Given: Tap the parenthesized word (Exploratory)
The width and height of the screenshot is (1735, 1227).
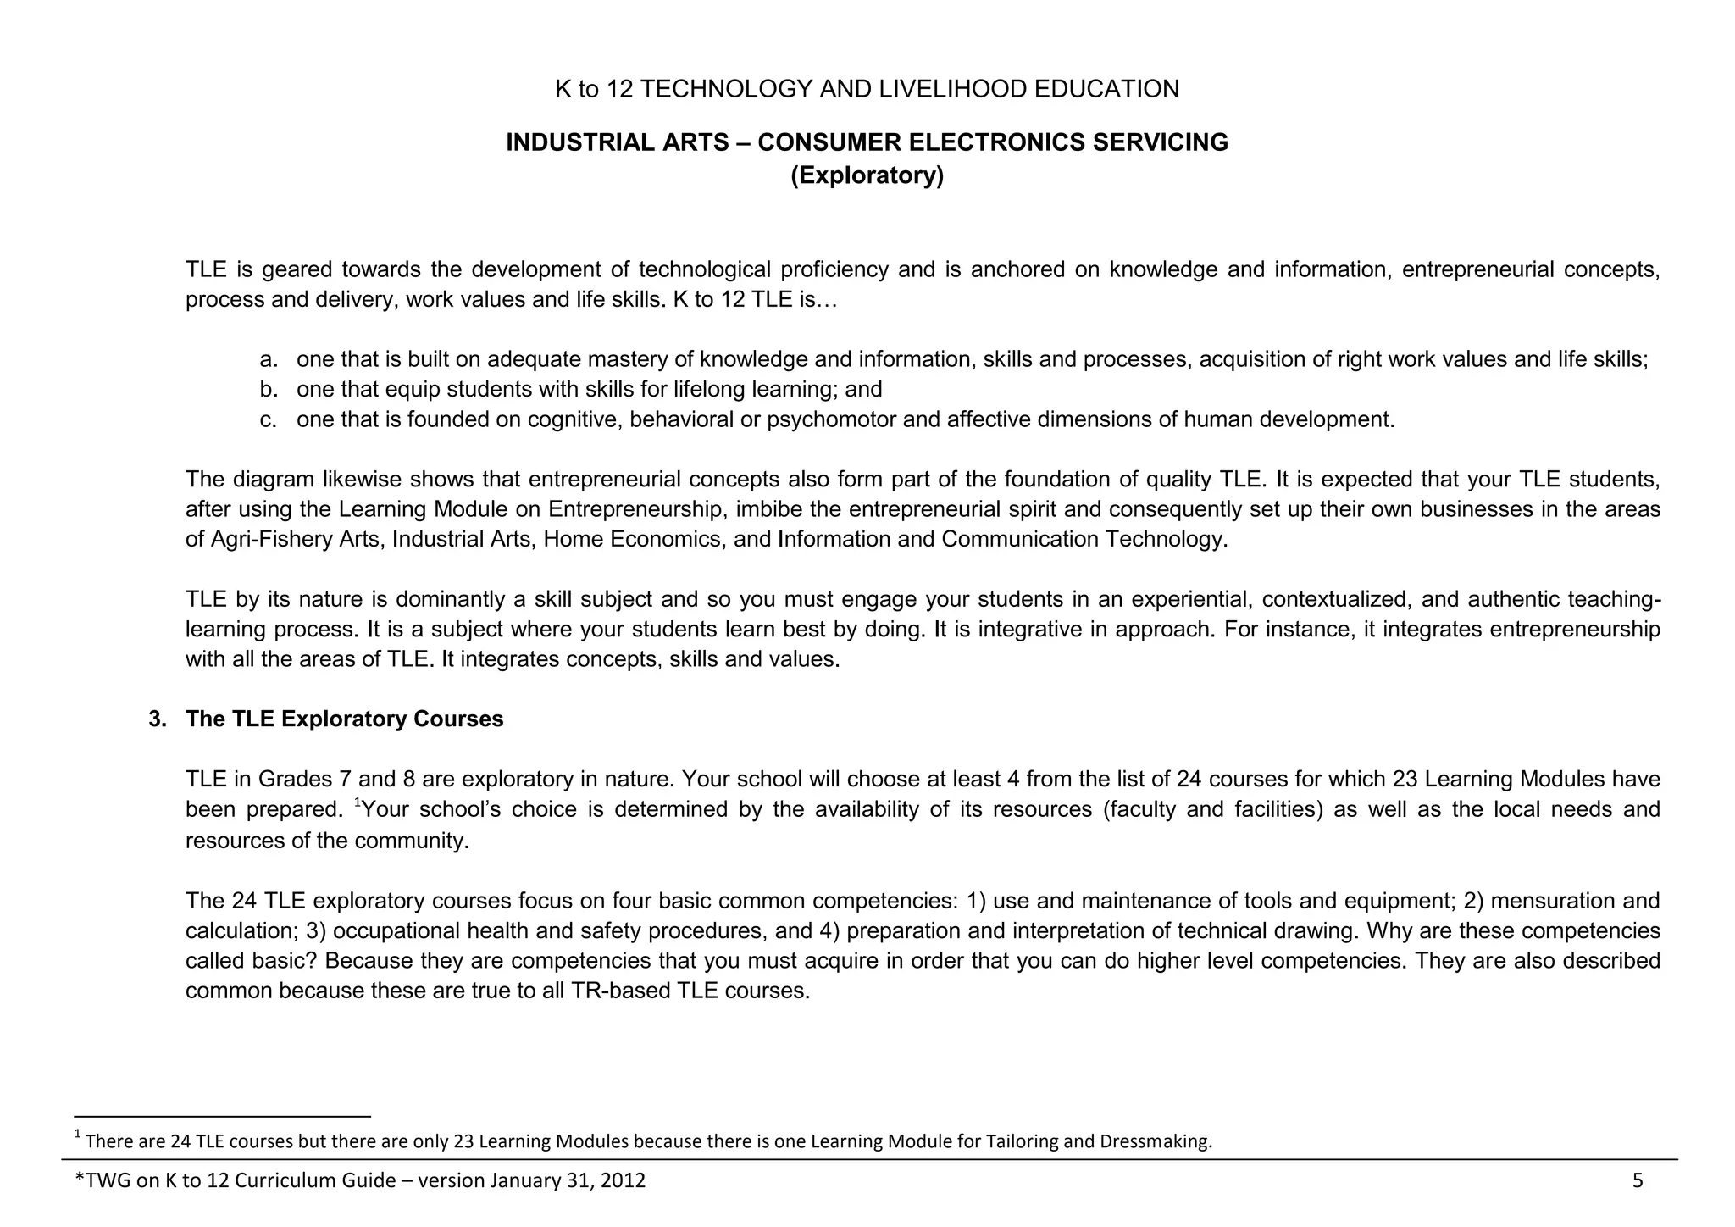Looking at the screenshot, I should coord(867,175).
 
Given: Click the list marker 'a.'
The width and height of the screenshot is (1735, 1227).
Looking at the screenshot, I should coord(269,360).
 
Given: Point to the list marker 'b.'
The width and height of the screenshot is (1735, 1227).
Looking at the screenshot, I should coord(269,390).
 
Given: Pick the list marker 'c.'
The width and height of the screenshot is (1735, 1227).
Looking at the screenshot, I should coord(269,420).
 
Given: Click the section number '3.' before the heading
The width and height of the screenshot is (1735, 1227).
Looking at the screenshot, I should coord(158,719).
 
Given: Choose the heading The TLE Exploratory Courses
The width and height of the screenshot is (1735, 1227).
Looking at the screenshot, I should coord(344,719).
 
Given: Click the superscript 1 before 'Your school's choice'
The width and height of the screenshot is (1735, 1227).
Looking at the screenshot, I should coord(358,802).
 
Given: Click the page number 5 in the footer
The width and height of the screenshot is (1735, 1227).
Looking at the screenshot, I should coord(1637,1181).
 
